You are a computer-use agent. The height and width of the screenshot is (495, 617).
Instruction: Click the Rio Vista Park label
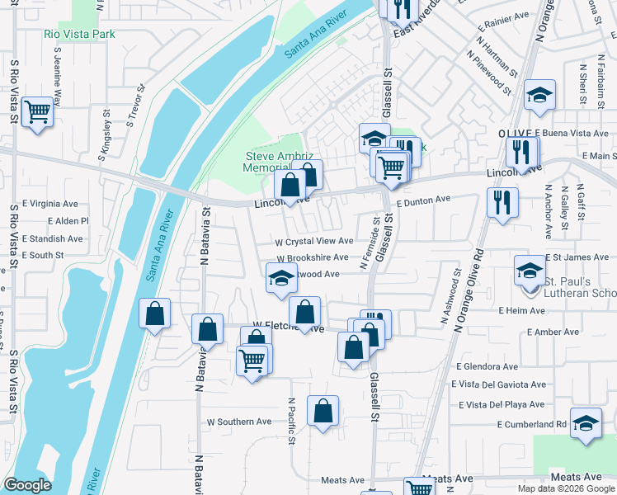coord(79,34)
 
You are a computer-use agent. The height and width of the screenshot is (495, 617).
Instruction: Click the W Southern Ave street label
coord(239,422)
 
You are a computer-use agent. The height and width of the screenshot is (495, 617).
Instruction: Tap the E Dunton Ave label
coord(423,200)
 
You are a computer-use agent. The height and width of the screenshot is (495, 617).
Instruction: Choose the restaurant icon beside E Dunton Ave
coord(502,201)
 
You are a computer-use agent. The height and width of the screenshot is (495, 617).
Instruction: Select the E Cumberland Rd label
coord(531,424)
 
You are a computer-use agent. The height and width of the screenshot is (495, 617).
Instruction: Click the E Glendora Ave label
coord(487,366)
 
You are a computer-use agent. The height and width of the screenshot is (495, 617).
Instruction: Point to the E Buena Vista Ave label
coord(572,133)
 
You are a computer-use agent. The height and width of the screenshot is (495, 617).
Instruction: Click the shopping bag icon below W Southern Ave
coord(323,410)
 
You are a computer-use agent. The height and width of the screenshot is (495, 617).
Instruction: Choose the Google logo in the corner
coord(27,485)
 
